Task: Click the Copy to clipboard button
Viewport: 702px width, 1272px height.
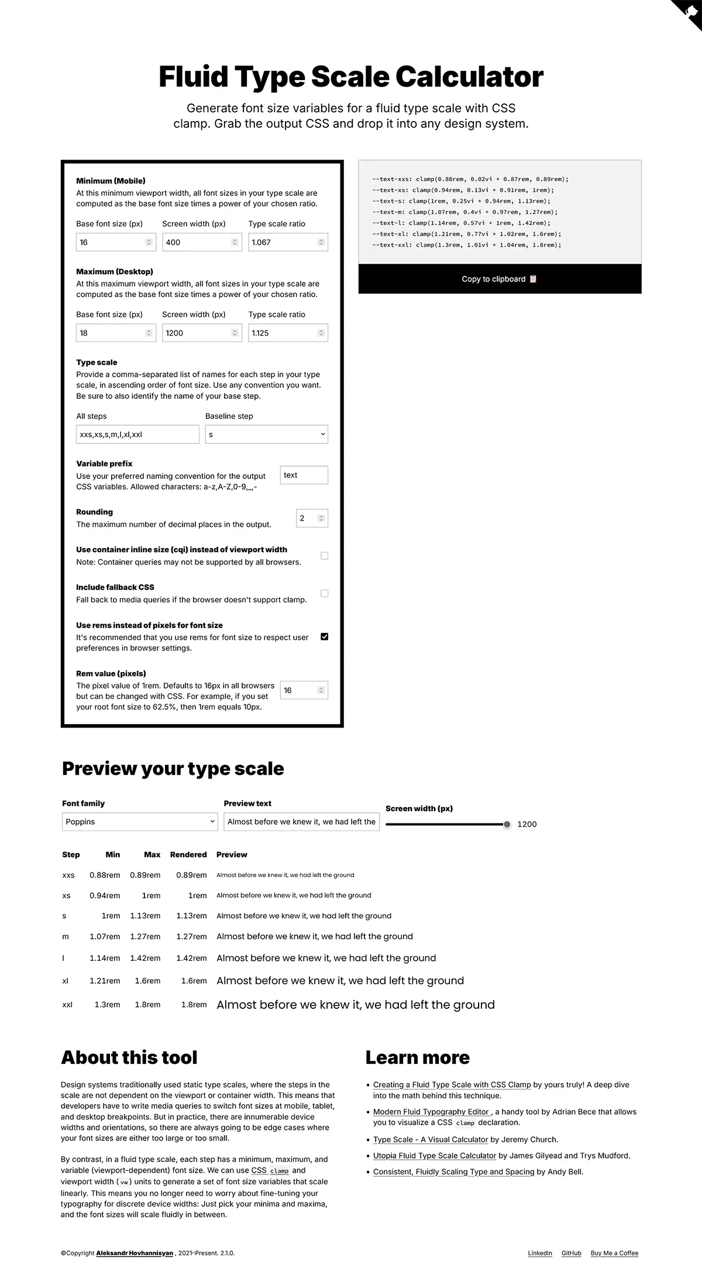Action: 500,279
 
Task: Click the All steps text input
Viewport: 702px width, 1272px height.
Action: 137,435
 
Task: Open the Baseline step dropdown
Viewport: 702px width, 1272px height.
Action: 266,435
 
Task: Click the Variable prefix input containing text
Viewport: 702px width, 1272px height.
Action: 304,475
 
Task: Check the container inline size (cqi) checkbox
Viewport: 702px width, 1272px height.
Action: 325,556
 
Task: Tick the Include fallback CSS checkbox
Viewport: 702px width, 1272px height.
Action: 325,594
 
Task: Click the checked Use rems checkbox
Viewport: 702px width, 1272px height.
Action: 325,636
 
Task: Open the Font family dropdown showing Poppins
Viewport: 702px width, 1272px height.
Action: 140,822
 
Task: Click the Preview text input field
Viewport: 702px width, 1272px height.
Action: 301,822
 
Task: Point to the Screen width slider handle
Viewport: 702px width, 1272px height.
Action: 507,825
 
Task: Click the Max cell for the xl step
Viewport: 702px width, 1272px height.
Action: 147,981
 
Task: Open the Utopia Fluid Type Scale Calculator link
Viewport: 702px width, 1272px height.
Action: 435,1156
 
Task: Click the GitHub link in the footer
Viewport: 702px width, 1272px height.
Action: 571,1253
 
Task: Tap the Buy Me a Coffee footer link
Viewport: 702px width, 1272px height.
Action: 614,1253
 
